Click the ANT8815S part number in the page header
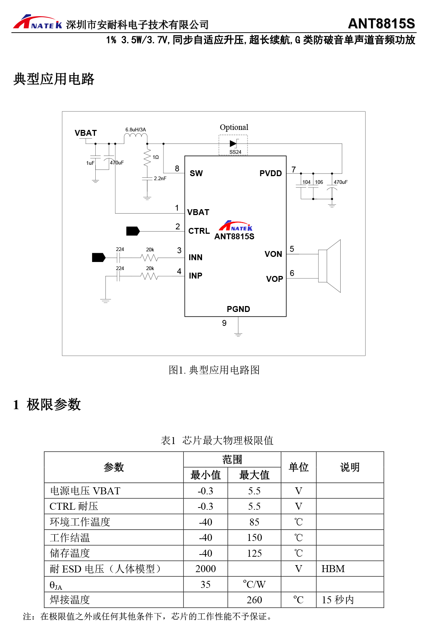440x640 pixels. (x=381, y=23)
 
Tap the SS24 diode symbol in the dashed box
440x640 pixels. (x=233, y=143)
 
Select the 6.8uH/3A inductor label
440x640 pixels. (x=136, y=130)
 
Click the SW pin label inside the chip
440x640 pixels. (x=196, y=173)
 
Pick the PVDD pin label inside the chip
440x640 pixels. (x=271, y=173)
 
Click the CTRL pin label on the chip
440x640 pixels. (x=199, y=231)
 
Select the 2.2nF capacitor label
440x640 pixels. (x=160, y=178)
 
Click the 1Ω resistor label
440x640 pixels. (x=155, y=157)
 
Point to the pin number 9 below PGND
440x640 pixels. (x=224, y=323)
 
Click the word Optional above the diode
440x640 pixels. (x=234, y=127)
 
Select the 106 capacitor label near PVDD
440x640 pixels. (x=319, y=182)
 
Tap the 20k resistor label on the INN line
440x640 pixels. (x=150, y=250)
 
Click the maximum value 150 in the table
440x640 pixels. (x=254, y=538)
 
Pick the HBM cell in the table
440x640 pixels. (x=333, y=569)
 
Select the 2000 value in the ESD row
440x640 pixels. (x=205, y=569)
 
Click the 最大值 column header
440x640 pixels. (x=254, y=475)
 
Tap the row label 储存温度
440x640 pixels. (x=70, y=553)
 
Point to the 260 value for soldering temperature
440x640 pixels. (x=254, y=600)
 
